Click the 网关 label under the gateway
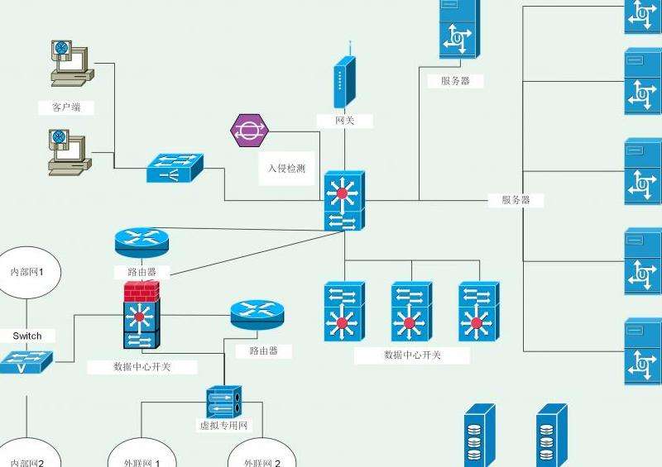344,121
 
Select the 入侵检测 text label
286,168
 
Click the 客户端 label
65,107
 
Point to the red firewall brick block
142,291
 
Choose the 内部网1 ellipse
26,271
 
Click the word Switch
26,336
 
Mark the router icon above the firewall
142,241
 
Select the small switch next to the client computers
174,169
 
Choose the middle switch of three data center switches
411,312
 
